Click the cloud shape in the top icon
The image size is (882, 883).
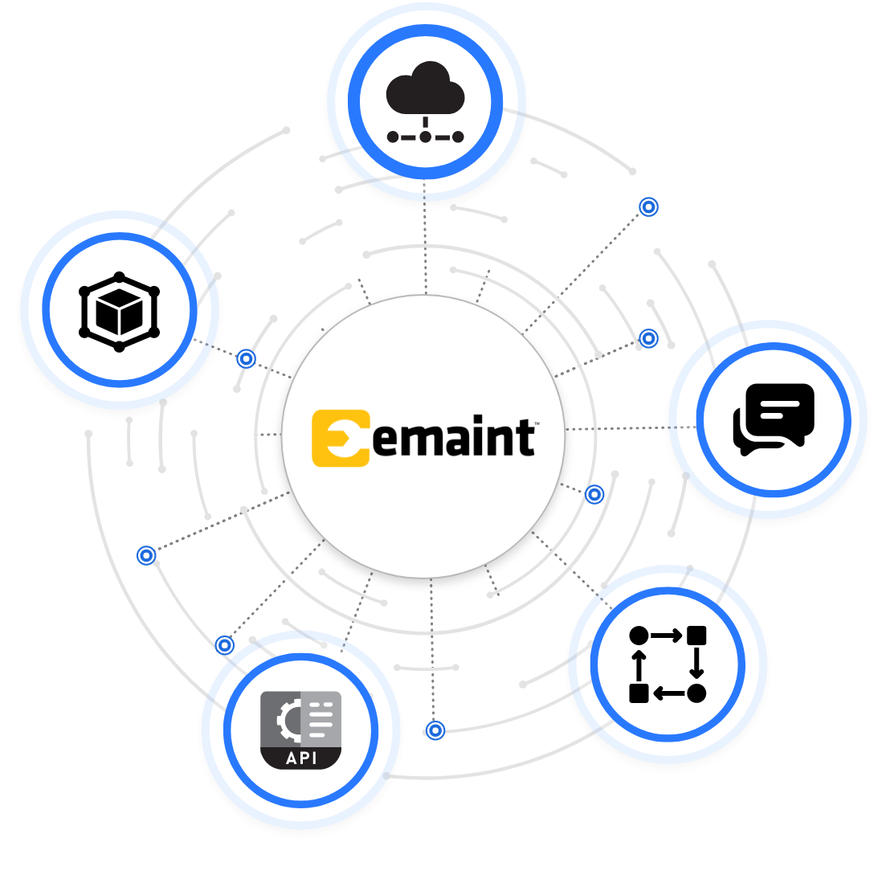(426, 88)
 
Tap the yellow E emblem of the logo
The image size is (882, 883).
(341, 438)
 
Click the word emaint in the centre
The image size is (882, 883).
(453, 437)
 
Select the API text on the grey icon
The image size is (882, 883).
(301, 758)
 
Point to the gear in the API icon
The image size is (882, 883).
(288, 720)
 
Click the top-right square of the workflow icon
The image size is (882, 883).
(696, 636)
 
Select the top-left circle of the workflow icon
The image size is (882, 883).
(639, 636)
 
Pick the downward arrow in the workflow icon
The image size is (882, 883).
(696, 663)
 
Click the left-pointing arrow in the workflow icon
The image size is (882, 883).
(668, 694)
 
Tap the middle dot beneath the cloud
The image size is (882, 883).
(426, 137)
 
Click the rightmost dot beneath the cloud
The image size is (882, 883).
(458, 137)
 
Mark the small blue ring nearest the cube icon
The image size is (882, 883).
(246, 358)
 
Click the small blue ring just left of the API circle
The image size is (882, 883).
(225, 645)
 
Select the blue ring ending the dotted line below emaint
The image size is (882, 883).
(435, 730)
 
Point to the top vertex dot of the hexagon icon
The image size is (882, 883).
(120, 276)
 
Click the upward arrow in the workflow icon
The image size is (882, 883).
(639, 666)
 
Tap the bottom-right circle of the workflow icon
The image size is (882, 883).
(696, 693)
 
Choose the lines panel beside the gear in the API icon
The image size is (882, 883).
(321, 719)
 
